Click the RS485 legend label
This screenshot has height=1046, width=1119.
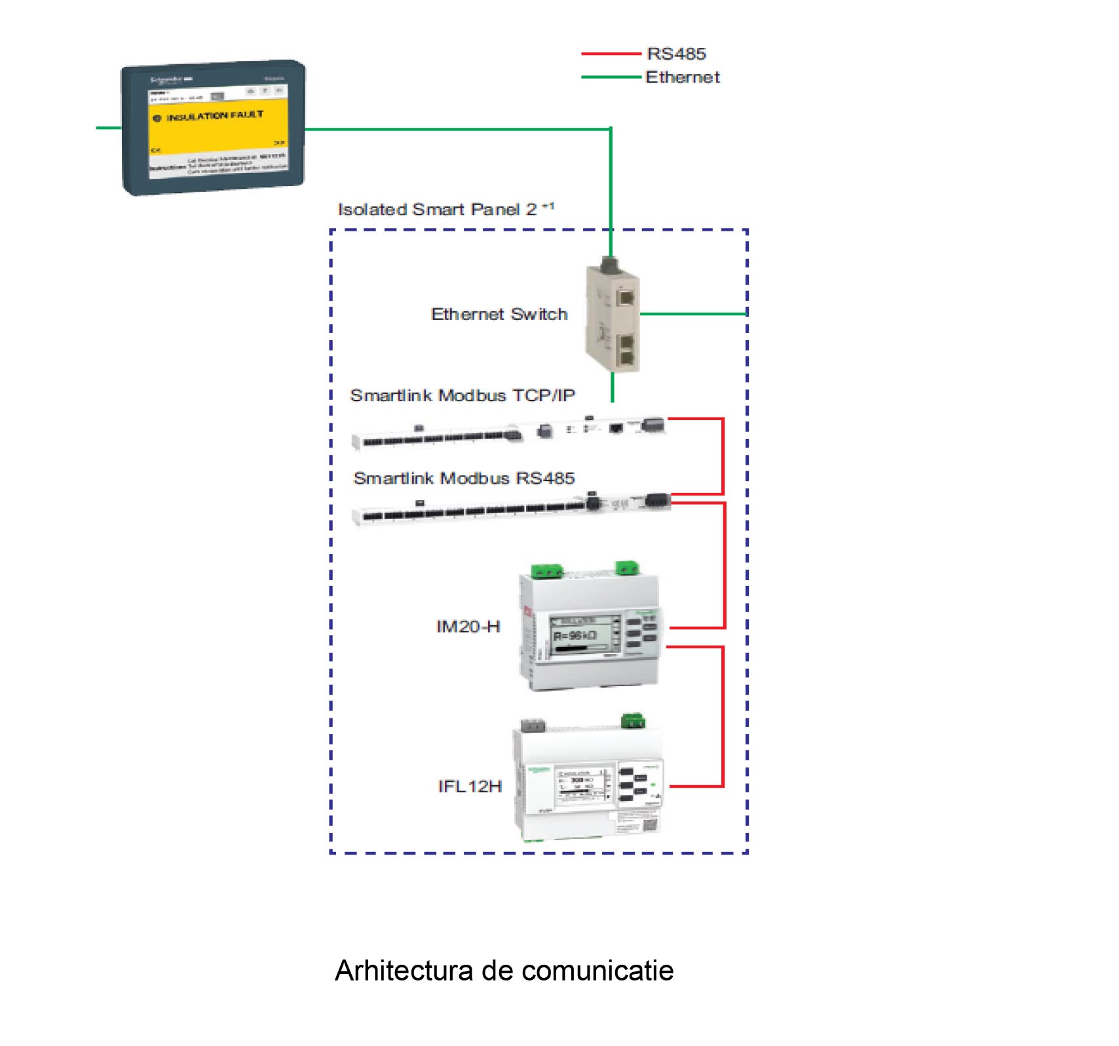[676, 54]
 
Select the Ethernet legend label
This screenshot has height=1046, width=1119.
[683, 77]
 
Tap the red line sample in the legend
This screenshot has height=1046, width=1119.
[611, 54]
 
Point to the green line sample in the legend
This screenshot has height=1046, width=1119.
[611, 77]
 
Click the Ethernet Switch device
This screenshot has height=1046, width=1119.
[613, 318]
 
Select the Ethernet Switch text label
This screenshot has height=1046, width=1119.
[499, 314]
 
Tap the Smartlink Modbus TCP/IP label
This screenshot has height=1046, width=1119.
[463, 395]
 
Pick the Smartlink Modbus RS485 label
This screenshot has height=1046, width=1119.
[464, 478]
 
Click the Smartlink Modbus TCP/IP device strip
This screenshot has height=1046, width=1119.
[508, 432]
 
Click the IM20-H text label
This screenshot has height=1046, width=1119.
[468, 627]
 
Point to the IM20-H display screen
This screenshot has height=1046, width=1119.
[584, 634]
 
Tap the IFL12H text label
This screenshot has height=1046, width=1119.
[470, 786]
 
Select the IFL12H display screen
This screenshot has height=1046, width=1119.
[583, 783]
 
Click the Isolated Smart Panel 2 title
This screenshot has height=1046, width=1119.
[446, 209]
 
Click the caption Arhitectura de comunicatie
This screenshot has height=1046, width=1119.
[504, 971]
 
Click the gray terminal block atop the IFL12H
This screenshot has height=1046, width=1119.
[533, 726]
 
